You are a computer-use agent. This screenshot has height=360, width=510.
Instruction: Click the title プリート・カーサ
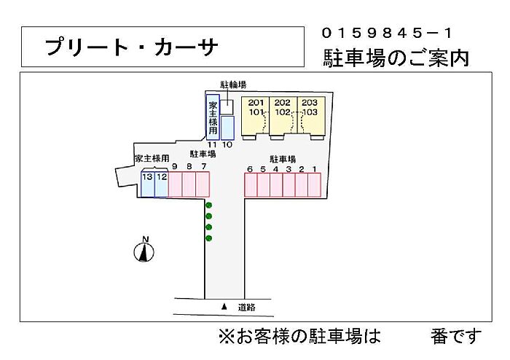pos(131,47)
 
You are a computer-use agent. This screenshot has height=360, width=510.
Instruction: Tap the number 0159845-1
pos(387,33)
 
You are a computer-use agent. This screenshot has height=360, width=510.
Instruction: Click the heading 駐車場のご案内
pos(396,58)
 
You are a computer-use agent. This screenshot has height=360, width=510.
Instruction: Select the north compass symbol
pos(145,251)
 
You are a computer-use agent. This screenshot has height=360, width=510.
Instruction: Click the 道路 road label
pos(247,308)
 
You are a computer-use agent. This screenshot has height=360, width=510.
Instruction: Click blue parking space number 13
pos(147,184)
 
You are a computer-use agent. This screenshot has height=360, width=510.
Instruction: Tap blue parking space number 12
pos(162,184)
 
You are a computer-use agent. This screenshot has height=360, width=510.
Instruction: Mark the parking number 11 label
pos(212,145)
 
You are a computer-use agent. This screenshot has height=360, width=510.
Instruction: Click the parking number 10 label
pos(227,145)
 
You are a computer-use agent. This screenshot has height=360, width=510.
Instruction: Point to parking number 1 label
pos(314,169)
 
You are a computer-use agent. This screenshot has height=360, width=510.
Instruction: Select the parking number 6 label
pos(250,169)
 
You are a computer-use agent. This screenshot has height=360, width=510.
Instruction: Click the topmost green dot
pos(208,206)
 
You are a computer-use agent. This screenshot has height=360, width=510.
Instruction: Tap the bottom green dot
pos(208,238)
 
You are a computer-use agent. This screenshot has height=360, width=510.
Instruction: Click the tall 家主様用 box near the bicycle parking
pos(213,117)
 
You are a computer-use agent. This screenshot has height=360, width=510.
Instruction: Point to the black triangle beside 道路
pos(224,307)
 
